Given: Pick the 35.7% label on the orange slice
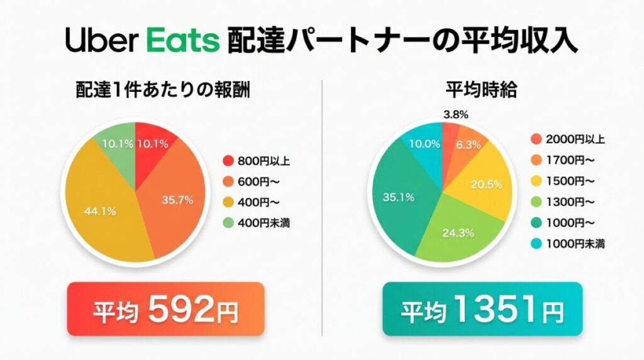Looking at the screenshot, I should coord(177,200).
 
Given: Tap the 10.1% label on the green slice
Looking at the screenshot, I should coord(117,143).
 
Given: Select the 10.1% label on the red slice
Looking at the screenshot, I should coord(152,143).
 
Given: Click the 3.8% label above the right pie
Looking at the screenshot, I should coord(455,115).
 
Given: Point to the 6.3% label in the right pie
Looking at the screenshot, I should coord(468,144).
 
